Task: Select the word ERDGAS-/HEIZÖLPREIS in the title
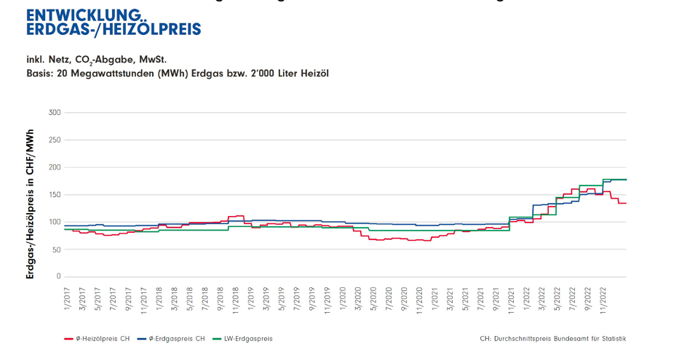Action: point(113,30)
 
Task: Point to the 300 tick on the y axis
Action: point(54,113)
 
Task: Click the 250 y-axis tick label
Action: point(54,140)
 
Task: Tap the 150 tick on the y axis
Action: point(54,195)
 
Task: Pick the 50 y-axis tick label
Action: point(56,249)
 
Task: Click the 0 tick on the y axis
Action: point(58,277)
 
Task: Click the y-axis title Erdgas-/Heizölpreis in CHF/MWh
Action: point(30,204)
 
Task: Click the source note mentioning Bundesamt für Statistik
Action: point(552,339)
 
